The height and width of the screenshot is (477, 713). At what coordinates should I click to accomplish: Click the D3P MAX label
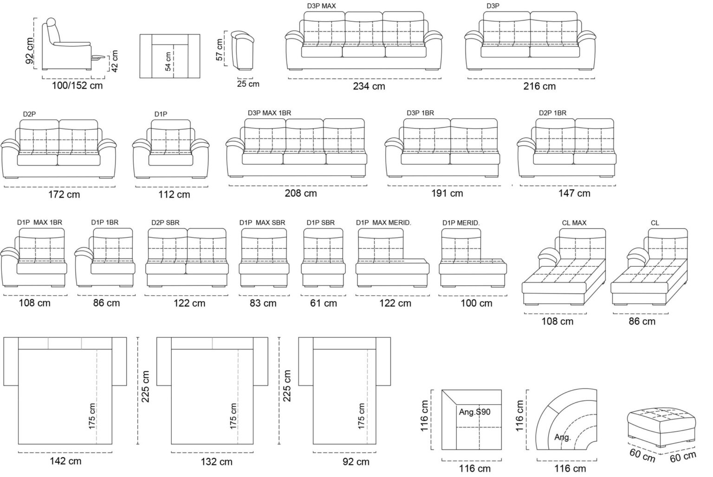pyautogui.click(x=321, y=6)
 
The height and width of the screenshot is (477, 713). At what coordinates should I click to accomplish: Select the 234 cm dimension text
pyautogui.click(x=369, y=86)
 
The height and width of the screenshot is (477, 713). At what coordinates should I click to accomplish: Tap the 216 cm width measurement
pyautogui.click(x=539, y=86)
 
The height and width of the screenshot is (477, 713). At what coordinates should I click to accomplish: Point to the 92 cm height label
pyautogui.click(x=30, y=51)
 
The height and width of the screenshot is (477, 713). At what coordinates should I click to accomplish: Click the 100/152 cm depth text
pyautogui.click(x=78, y=85)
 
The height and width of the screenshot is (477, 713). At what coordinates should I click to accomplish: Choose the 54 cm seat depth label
pyautogui.click(x=168, y=61)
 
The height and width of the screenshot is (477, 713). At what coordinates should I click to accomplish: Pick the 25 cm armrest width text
pyautogui.click(x=248, y=84)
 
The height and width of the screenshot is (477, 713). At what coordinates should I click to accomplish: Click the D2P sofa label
pyautogui.click(x=29, y=114)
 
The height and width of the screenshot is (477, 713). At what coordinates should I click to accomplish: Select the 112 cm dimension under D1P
pyautogui.click(x=174, y=194)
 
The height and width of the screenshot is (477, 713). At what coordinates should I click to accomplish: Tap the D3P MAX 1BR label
pyautogui.click(x=269, y=113)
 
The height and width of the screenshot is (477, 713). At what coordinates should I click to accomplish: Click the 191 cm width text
pyautogui.click(x=447, y=193)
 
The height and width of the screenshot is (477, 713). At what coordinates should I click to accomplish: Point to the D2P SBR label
pyautogui.click(x=165, y=223)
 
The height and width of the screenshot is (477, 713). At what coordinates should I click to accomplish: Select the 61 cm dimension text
pyautogui.click(x=324, y=303)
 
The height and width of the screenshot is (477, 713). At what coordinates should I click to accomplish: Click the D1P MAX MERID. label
pyautogui.click(x=383, y=223)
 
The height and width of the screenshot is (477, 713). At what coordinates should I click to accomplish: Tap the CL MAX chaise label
pyautogui.click(x=574, y=223)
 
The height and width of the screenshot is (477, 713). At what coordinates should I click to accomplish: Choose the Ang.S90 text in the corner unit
pyautogui.click(x=474, y=412)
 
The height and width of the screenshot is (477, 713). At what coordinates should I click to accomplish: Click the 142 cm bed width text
pyautogui.click(x=65, y=461)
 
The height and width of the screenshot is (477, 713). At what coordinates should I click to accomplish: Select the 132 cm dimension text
pyautogui.click(x=216, y=462)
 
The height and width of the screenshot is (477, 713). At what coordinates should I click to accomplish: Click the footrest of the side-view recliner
pyautogui.click(x=98, y=58)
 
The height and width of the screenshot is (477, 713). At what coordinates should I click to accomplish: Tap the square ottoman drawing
pyautogui.click(x=661, y=427)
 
